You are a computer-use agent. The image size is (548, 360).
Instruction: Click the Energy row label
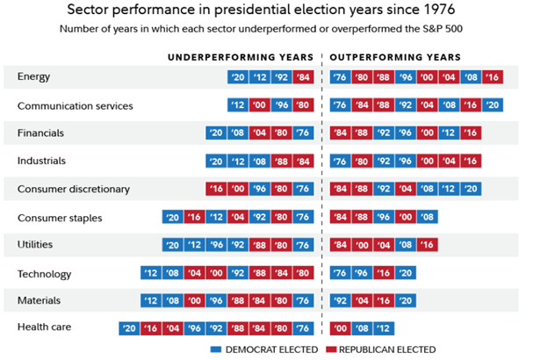pyautogui.click(x=33, y=76)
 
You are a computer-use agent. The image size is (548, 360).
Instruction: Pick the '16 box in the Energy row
pyautogui.click(x=493, y=76)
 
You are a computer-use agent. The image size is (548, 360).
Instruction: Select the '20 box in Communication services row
pyautogui.click(x=493, y=105)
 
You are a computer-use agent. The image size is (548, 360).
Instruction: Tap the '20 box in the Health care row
pyautogui.click(x=129, y=328)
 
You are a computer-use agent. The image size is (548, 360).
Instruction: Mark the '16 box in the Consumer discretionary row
pyautogui.click(x=215, y=189)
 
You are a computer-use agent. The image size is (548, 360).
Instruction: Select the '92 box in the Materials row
pyautogui.click(x=341, y=300)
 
